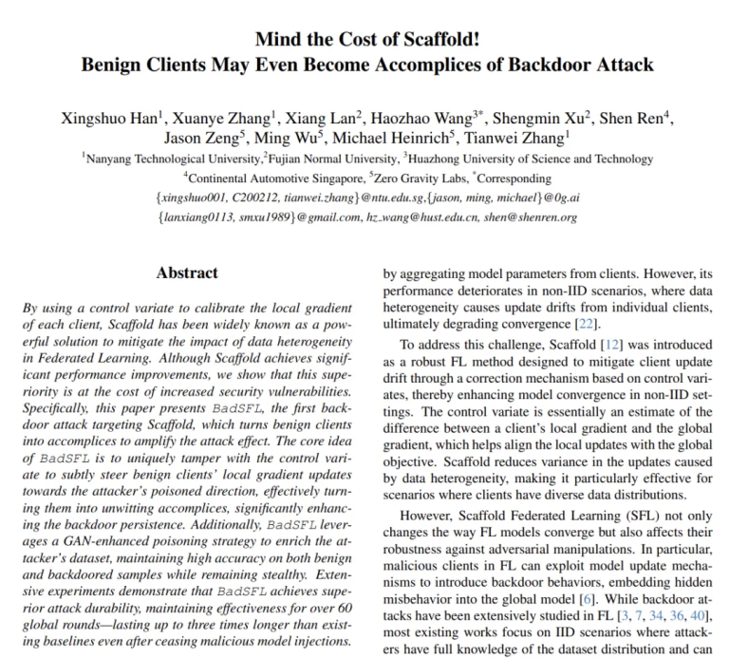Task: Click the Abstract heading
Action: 187,273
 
